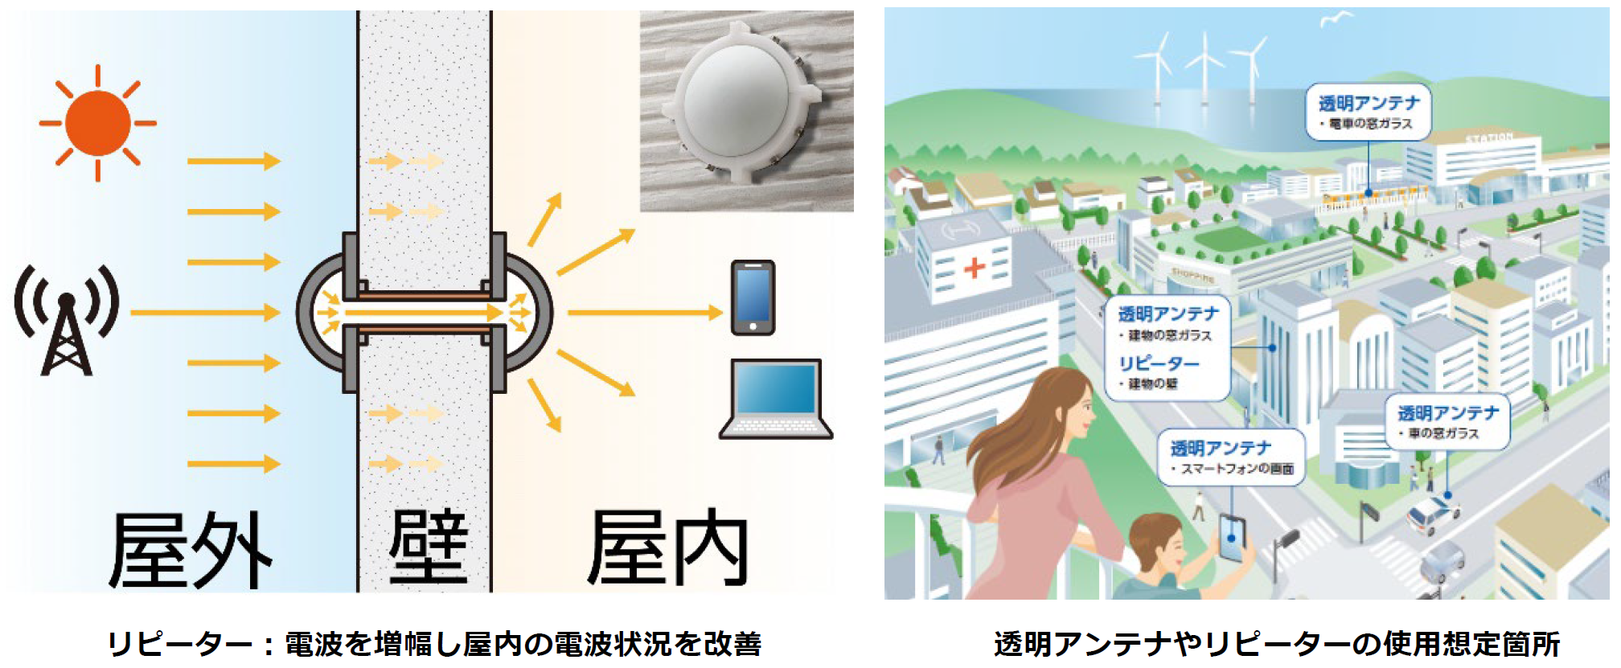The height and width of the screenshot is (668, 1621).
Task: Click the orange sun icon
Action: pos(98,123)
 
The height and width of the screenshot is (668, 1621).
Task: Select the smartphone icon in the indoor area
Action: pos(753,297)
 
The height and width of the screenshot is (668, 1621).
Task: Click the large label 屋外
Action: pos(191,550)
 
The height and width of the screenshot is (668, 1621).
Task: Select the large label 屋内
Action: pos(667,548)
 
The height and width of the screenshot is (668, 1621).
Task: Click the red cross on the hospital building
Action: pos(974,267)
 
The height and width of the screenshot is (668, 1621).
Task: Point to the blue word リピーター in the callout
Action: pos(1159,363)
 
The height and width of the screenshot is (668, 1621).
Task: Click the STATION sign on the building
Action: pos(1488,138)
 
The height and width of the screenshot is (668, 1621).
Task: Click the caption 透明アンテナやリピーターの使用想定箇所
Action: pos(1276,644)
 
